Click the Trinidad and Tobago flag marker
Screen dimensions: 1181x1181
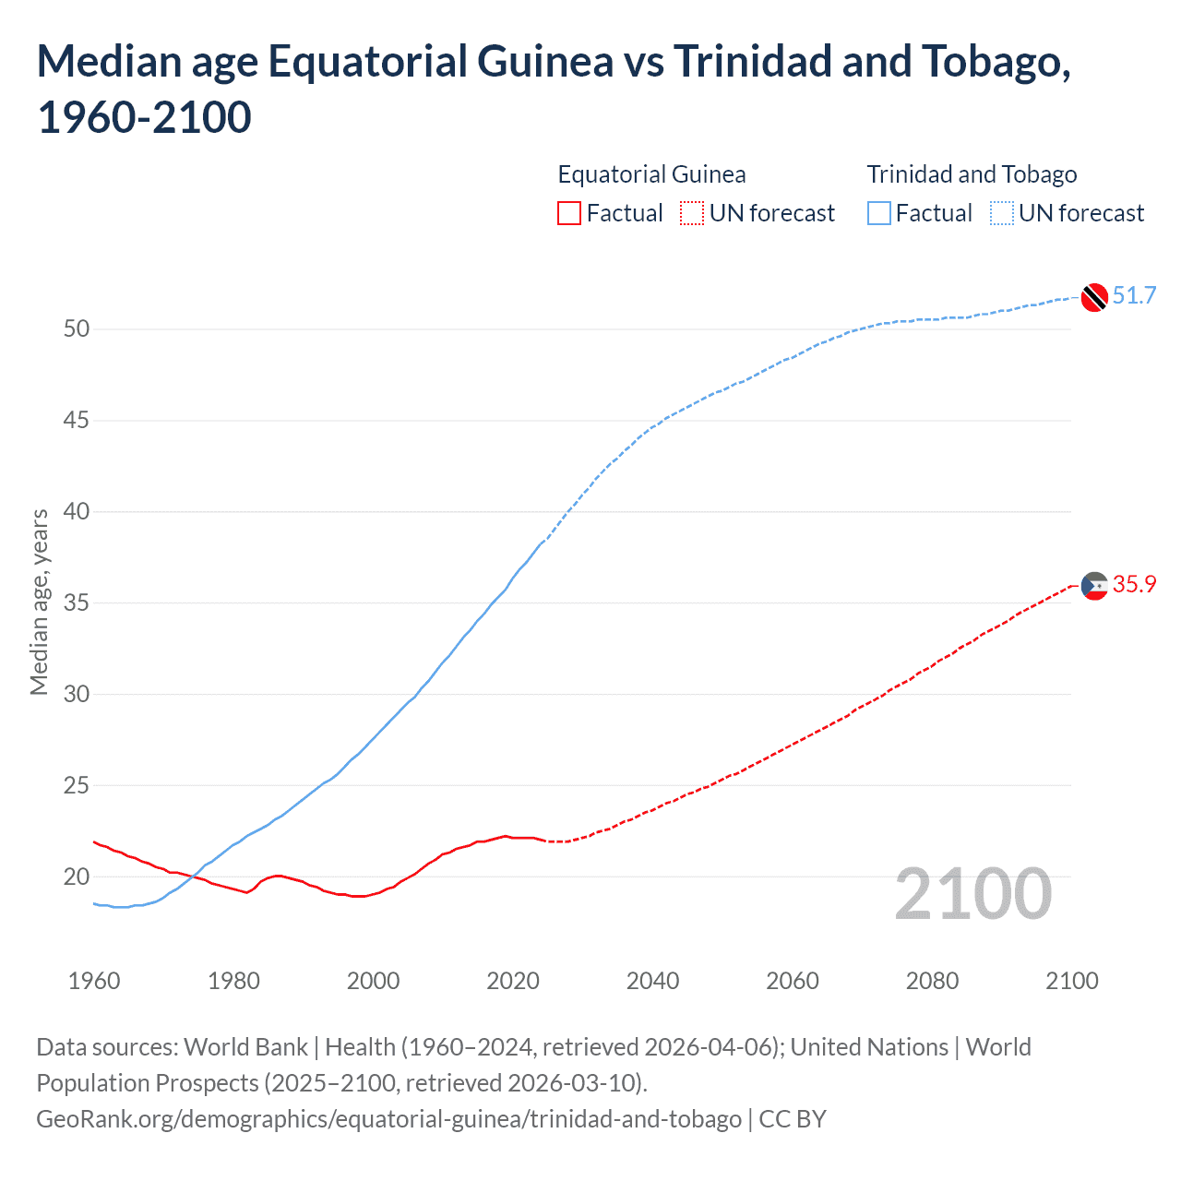(x=1094, y=297)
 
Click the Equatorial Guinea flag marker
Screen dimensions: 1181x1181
(x=1094, y=586)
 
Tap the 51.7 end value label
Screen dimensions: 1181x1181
(x=1134, y=295)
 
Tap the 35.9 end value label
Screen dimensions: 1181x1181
(x=1134, y=584)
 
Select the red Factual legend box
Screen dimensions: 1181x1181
(x=569, y=213)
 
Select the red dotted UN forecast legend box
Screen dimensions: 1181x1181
(x=692, y=213)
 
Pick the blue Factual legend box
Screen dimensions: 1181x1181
(x=879, y=213)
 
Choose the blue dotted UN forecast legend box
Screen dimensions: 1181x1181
(x=1001, y=213)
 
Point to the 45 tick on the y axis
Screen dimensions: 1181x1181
(x=77, y=421)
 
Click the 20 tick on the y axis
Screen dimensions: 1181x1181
(x=77, y=877)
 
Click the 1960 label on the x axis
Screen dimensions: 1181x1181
(x=94, y=981)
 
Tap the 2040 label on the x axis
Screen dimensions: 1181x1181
(x=652, y=981)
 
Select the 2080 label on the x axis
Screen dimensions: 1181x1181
(x=932, y=981)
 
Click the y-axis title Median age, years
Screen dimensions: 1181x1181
(x=39, y=602)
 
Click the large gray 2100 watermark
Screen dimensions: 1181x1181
(x=972, y=894)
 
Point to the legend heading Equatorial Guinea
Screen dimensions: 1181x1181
(x=651, y=174)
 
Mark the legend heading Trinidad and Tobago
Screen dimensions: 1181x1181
(x=972, y=174)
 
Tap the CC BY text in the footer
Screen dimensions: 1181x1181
(x=793, y=1119)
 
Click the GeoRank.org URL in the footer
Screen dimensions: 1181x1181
(x=388, y=1119)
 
